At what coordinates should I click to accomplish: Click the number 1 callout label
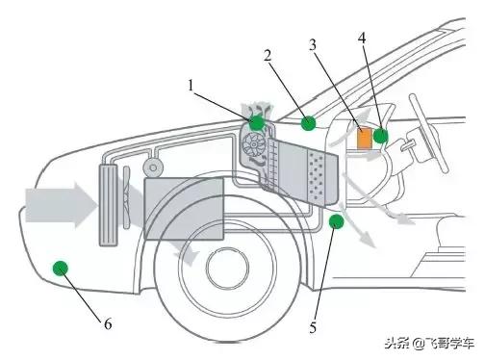[x=192, y=86]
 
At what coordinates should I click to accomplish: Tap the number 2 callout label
[x=267, y=55]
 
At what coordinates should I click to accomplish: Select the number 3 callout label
[x=313, y=44]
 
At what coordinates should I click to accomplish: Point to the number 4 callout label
[x=361, y=38]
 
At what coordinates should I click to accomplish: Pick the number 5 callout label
[x=313, y=327]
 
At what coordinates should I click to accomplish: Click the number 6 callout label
[x=108, y=324]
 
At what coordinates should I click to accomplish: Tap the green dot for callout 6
[x=61, y=267]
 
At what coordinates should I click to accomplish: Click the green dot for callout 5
[x=336, y=223]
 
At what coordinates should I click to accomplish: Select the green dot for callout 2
[x=308, y=122]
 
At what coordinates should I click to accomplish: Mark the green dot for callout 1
[x=257, y=122]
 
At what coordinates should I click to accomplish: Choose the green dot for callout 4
[x=381, y=136]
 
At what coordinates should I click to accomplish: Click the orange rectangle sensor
[x=364, y=137]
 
